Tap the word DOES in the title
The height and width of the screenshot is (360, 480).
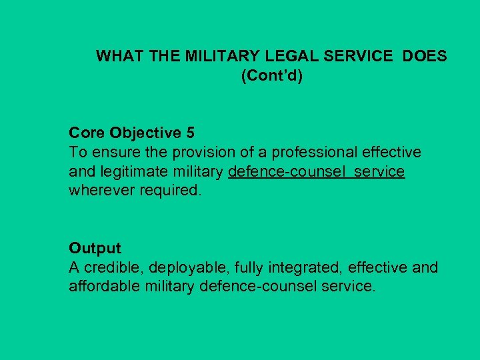[x=424, y=57]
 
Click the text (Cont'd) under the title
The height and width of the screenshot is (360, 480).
[x=271, y=76]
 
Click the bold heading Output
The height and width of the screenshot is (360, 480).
[x=95, y=249]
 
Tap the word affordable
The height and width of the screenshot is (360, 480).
[x=102, y=287]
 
